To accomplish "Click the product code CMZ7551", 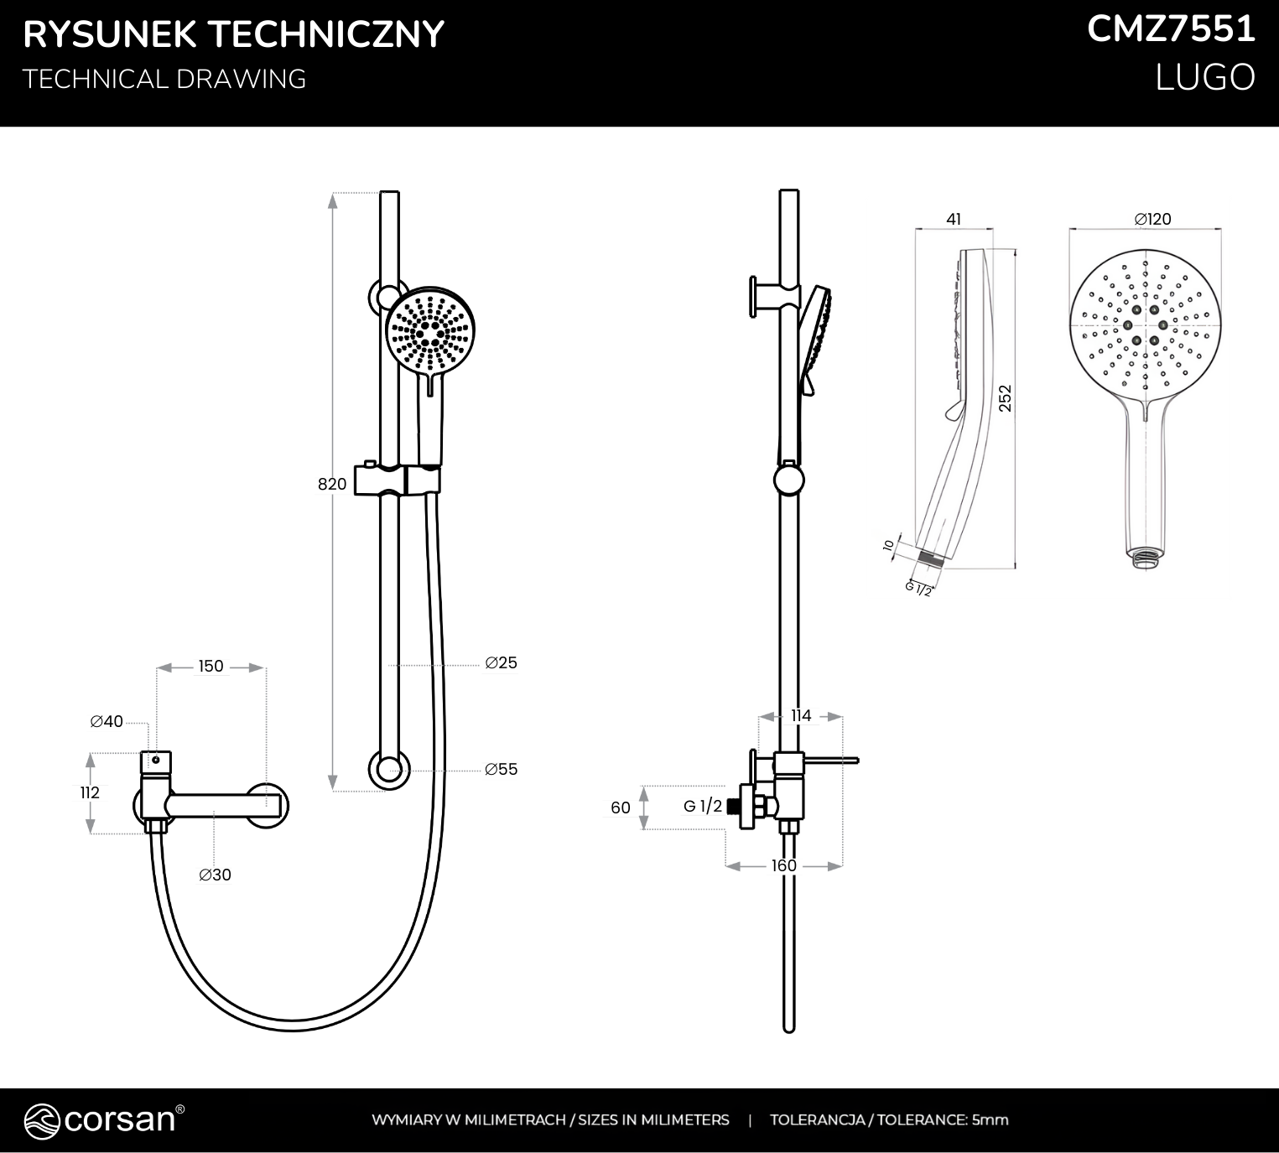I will pyautogui.click(x=1171, y=30).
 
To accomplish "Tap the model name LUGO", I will pyautogui.click(x=1205, y=78).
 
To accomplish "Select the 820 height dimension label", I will pyautogui.click(x=332, y=484).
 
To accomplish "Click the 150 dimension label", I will pyautogui.click(x=211, y=667).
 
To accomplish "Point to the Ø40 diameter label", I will pyautogui.click(x=107, y=721).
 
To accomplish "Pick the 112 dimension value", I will pyautogui.click(x=90, y=792).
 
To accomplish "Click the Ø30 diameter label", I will pyautogui.click(x=215, y=875).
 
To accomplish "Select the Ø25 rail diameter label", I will pyautogui.click(x=501, y=662).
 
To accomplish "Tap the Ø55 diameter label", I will pyautogui.click(x=501, y=769).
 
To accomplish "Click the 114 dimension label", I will pyautogui.click(x=801, y=715).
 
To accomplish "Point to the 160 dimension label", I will pyautogui.click(x=784, y=865).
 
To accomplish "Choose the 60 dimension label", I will pyautogui.click(x=621, y=808).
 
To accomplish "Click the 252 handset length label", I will pyautogui.click(x=1006, y=397).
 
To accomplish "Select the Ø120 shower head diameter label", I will pyautogui.click(x=1152, y=219).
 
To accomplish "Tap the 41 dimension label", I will pyautogui.click(x=954, y=219).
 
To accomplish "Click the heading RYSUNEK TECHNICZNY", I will pyautogui.click(x=233, y=34).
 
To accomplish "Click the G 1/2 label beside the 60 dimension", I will pyautogui.click(x=703, y=807).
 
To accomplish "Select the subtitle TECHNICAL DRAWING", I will pyautogui.click(x=164, y=79).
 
